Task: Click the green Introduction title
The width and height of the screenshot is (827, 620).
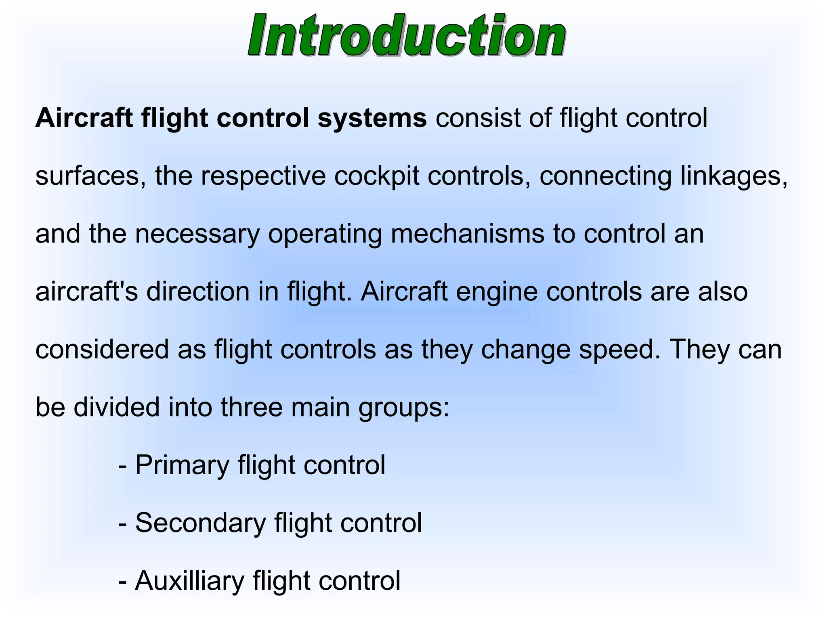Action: click(x=407, y=36)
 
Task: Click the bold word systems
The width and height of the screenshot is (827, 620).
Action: click(x=372, y=118)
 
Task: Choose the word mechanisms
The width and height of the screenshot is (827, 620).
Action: click(x=467, y=234)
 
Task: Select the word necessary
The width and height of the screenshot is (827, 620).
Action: click(x=197, y=234)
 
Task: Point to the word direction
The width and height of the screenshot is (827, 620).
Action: click(x=198, y=292)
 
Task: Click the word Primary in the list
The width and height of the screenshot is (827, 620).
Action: click(x=182, y=465)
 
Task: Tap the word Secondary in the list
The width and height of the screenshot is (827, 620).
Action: click(x=200, y=523)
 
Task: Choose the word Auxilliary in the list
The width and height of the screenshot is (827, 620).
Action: click(x=190, y=581)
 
